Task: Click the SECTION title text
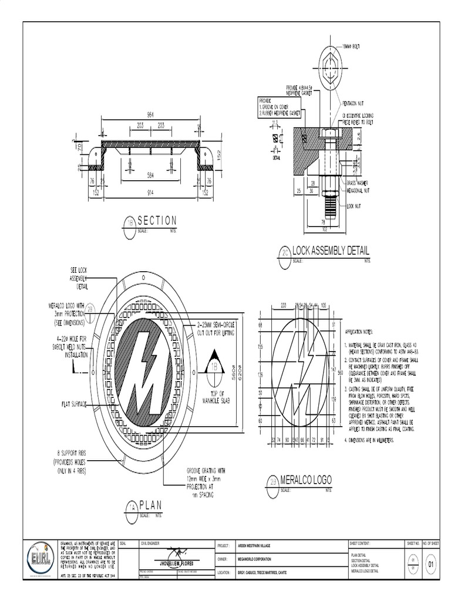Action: [157, 221]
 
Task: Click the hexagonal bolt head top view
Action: [330, 63]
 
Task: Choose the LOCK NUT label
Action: [354, 206]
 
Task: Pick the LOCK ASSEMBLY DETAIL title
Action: [331, 251]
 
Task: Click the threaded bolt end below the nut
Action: [330, 202]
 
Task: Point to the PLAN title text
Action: [150, 505]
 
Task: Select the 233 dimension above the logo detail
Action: [284, 305]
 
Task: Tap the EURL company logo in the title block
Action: [41, 558]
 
